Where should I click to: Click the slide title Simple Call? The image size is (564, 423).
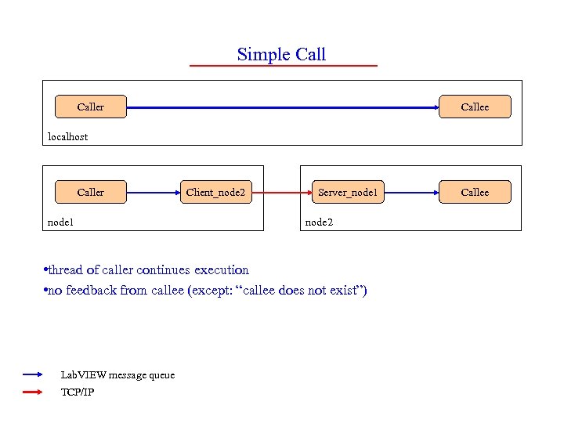click(281, 54)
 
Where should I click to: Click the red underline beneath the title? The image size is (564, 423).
click(284, 65)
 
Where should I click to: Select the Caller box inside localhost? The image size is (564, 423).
click(90, 107)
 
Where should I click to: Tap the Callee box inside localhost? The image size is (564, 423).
click(475, 107)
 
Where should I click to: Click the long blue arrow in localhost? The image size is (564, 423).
click(282, 107)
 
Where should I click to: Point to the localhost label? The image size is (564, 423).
click(68, 136)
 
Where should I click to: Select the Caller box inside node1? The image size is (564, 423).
click(90, 192)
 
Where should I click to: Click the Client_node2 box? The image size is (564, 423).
click(215, 192)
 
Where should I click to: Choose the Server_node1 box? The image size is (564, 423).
click(348, 192)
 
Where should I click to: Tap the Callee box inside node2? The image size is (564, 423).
click(475, 192)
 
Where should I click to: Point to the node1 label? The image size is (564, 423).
click(60, 222)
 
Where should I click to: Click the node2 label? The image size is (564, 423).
click(319, 222)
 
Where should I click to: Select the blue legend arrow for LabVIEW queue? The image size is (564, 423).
click(36, 375)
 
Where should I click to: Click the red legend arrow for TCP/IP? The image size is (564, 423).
click(36, 392)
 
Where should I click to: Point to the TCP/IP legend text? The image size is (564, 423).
click(78, 392)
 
